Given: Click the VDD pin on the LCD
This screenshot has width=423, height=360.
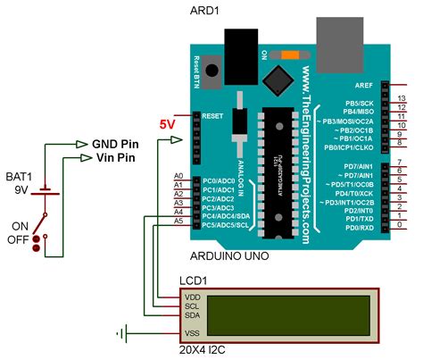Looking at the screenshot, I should coord(193,296).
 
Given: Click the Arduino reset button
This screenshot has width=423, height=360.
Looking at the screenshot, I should coord(212,70).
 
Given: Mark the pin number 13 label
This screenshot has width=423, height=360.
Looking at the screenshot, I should coord(402,98).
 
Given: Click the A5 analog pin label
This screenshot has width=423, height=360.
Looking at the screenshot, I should coord(178,221).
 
